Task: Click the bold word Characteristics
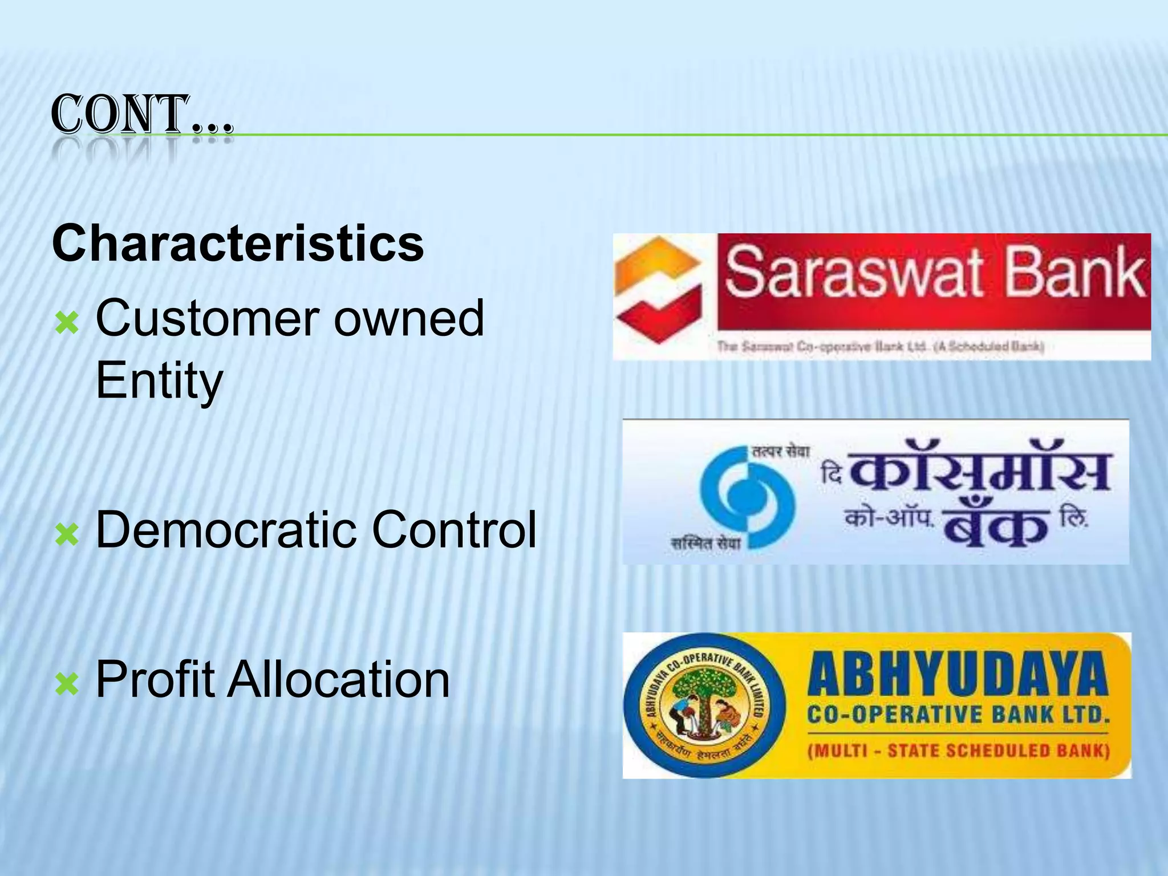238,244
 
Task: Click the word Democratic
227,530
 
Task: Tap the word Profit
156,679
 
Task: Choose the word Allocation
339,679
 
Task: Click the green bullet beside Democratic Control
67,534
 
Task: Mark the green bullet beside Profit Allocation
67,684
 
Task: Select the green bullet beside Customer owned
67,324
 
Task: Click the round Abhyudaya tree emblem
704,706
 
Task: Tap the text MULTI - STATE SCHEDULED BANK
958,751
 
